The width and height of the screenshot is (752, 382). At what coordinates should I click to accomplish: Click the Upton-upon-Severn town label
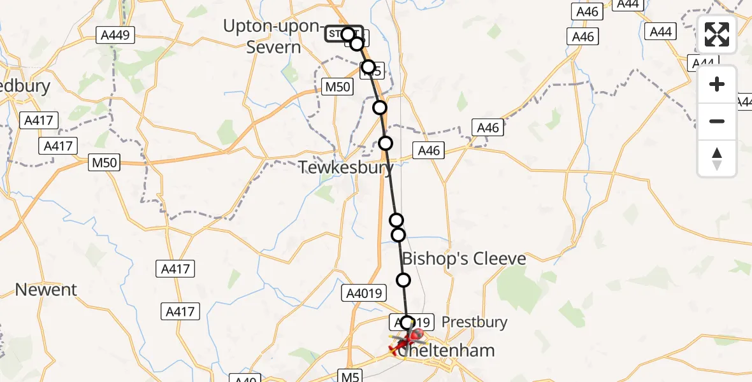271,36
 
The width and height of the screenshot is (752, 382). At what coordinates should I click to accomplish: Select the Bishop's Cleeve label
463,258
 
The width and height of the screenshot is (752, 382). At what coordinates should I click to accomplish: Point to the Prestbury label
474,322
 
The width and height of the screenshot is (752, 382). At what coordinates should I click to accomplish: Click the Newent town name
46,290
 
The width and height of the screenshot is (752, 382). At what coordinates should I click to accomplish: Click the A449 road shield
115,35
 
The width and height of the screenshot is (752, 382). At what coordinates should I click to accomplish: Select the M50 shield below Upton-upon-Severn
337,87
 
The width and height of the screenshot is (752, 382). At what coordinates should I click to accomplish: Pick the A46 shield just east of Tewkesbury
429,151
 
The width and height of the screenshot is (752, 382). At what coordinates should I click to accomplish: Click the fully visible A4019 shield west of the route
365,293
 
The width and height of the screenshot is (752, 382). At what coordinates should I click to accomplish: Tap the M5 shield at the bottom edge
350,376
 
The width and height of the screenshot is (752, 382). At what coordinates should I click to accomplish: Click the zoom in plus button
717,85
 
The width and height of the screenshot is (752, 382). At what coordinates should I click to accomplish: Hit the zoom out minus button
717,121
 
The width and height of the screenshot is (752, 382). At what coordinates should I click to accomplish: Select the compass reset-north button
717,158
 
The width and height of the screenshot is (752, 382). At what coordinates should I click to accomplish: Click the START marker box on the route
343,34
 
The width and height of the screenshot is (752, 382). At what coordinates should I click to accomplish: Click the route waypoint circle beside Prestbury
408,323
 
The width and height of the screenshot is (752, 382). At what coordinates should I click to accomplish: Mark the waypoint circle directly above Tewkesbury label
386,143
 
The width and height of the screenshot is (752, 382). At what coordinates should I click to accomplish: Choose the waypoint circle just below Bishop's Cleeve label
403,279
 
